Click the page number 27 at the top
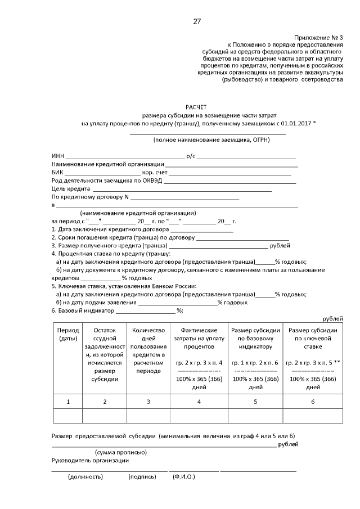pos(196,22)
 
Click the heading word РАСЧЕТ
pos(196,106)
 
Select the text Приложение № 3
pos(318,35)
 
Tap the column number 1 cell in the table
pos(68,401)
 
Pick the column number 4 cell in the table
pos(199,401)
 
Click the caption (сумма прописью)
pos(121,452)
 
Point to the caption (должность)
pos(85,476)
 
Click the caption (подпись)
pos(142,476)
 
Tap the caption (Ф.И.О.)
pos(183,476)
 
